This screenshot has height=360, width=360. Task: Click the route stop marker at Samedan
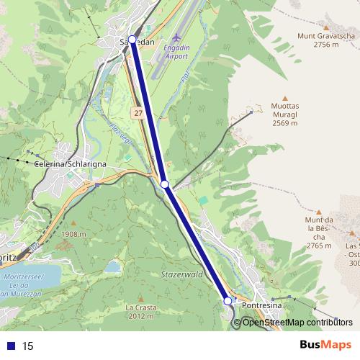[132, 40]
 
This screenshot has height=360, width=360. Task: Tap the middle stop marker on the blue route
[165, 185]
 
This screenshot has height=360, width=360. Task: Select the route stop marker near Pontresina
[228, 300]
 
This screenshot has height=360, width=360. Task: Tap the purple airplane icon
[178, 35]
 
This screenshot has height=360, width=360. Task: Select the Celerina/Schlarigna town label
[71, 164]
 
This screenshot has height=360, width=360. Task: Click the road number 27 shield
[138, 114]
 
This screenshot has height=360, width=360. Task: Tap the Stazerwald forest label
[202, 274]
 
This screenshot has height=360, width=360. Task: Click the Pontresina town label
[263, 306]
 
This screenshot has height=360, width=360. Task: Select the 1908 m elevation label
[74, 235]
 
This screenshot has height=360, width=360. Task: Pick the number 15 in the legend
[28, 346]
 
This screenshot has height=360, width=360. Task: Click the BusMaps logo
[325, 345]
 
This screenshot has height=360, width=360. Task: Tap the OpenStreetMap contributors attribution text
[297, 323]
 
